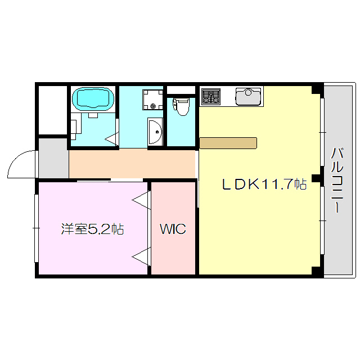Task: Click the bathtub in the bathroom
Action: (93, 99)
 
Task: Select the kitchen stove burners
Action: (211, 96)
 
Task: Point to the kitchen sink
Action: (247, 96)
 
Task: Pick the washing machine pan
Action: (151, 99)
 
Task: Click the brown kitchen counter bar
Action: (228, 142)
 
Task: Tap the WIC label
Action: (172, 229)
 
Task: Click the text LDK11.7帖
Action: (263, 184)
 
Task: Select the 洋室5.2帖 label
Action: (92, 229)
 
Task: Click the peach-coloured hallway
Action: (132, 164)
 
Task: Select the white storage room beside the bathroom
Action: (52, 110)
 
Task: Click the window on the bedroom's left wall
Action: (37, 228)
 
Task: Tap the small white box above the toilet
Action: (181, 90)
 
